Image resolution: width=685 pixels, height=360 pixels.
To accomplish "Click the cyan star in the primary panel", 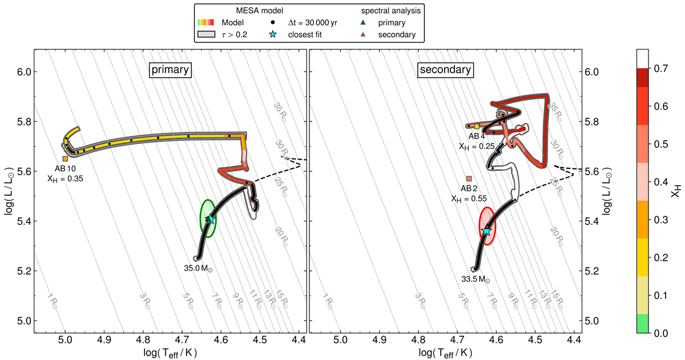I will [211, 219].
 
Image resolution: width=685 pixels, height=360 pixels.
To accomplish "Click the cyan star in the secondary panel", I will [486, 231].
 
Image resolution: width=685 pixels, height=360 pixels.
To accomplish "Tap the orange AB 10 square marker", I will [65, 159].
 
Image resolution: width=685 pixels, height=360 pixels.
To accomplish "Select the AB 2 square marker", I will [469, 179].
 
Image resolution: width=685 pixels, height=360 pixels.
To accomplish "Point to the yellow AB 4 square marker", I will [477, 127].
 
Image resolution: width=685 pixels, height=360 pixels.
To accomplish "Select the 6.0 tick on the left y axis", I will [23, 72].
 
